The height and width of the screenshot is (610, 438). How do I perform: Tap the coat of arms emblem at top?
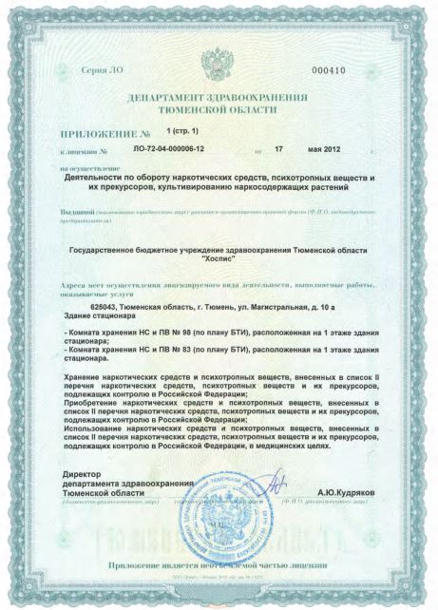coord(219,67)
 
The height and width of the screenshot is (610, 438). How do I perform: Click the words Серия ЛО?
coord(100,71)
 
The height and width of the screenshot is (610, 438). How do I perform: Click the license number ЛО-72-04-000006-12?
coord(170,150)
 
